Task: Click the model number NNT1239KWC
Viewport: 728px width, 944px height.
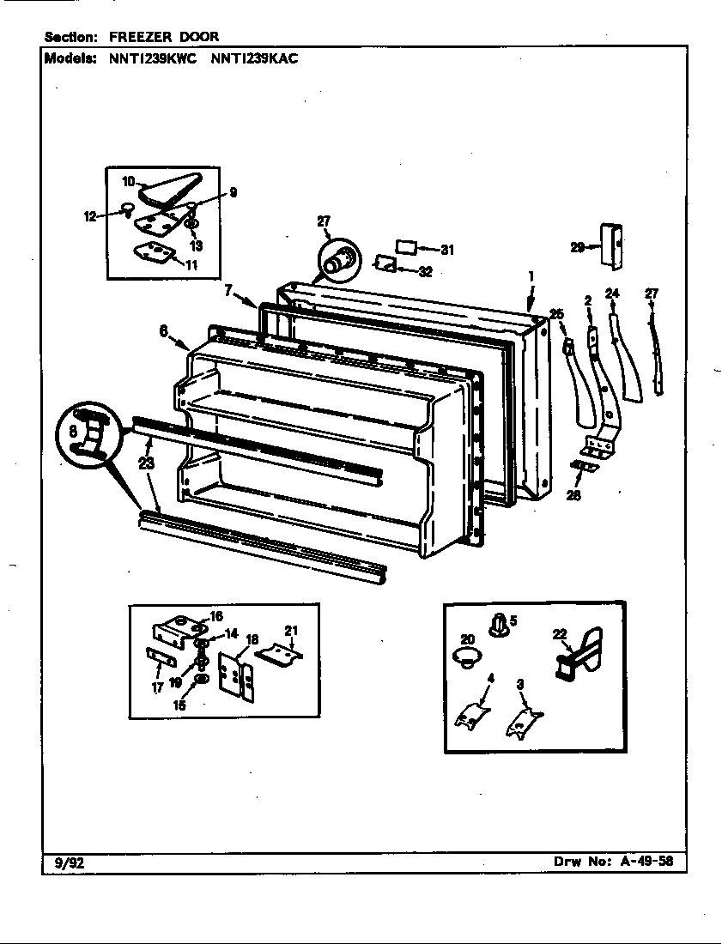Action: point(151,59)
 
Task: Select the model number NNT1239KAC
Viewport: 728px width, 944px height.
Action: point(253,59)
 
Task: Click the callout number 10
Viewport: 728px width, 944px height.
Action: point(128,181)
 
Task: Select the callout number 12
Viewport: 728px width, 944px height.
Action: point(89,216)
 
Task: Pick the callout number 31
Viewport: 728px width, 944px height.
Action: point(446,250)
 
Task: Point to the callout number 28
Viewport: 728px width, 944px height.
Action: point(573,495)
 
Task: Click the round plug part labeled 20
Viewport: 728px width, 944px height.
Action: point(464,659)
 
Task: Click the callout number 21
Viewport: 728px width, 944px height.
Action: point(291,632)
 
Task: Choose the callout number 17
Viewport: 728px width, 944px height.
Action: point(157,687)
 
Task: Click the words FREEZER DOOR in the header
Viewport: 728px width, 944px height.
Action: point(163,37)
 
